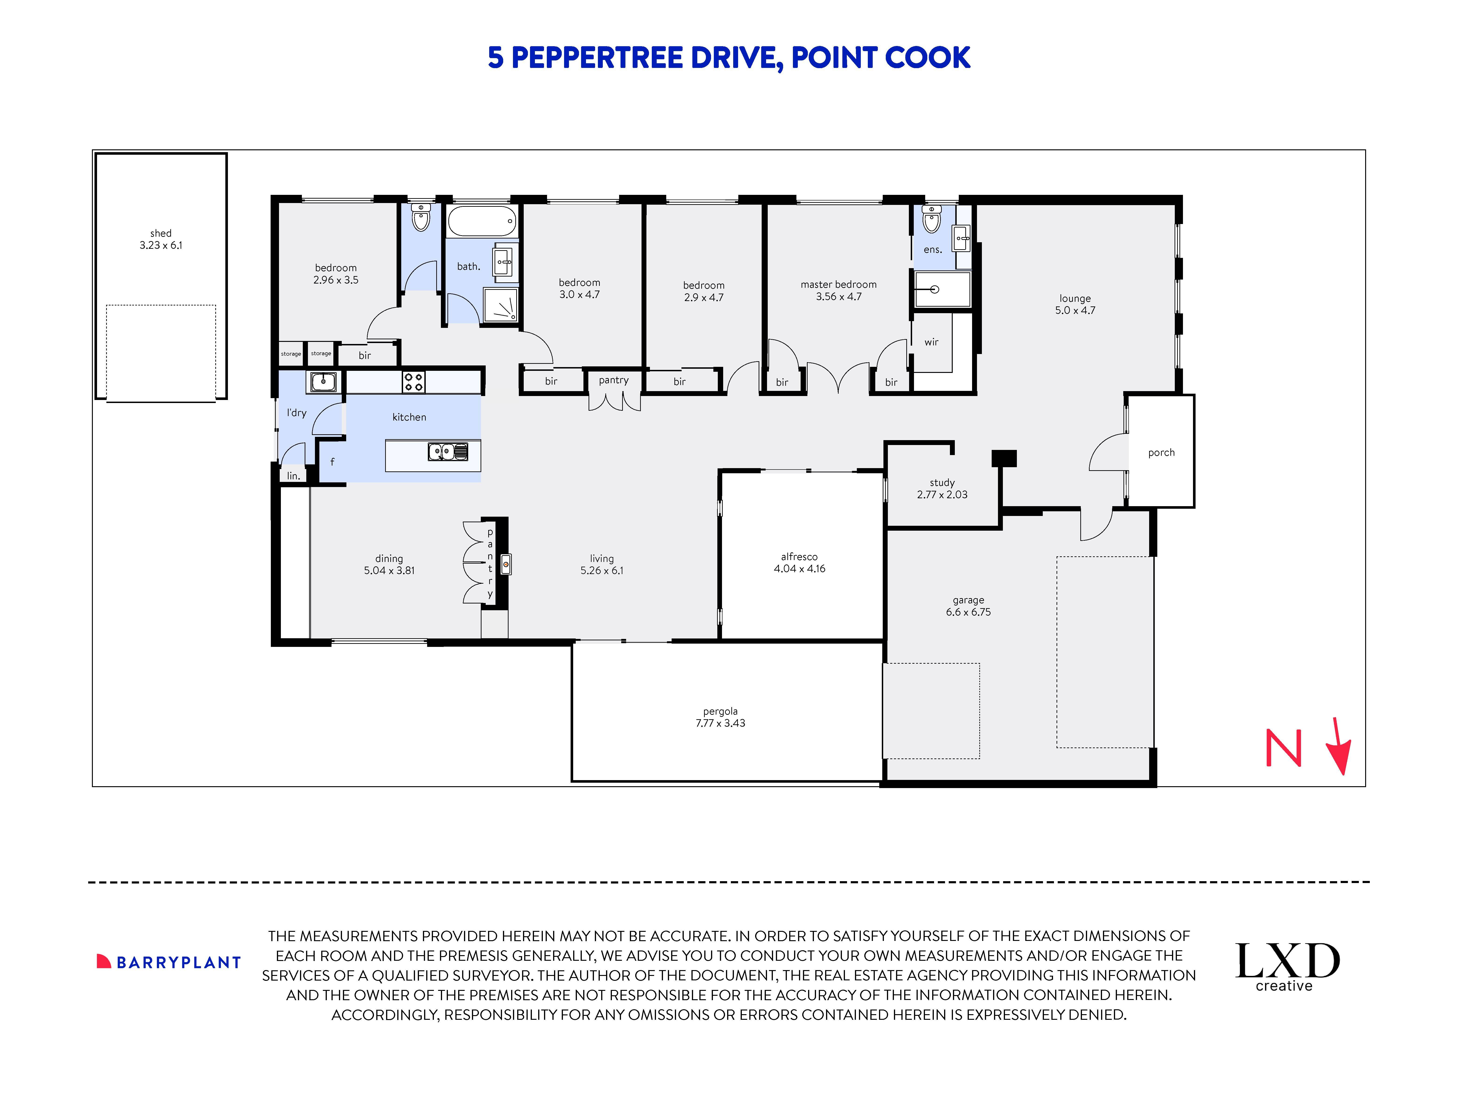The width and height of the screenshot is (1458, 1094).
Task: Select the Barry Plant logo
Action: (x=169, y=962)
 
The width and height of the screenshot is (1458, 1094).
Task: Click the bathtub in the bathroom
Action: (x=482, y=221)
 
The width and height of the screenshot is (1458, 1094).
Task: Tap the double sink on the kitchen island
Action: (x=448, y=452)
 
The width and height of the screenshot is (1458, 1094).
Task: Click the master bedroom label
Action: (x=838, y=284)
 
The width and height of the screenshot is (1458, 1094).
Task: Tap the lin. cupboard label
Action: (x=293, y=475)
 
